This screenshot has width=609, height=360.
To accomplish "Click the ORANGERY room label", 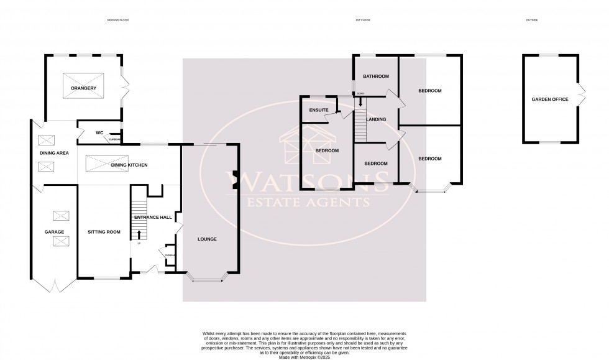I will coord(83,88).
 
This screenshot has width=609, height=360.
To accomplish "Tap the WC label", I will coord(99,132).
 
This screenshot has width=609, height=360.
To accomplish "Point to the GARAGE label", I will coord(54,232).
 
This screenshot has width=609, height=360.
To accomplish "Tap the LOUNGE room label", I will coord(207,239).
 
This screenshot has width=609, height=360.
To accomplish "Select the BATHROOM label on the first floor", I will coord(376,76).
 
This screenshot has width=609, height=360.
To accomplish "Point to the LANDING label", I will coord(377,119).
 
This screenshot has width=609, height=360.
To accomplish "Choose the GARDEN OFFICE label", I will coord(549,99).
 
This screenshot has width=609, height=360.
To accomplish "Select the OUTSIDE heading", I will coord(531,21).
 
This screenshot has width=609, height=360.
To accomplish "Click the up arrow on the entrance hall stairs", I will coord(139,234).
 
